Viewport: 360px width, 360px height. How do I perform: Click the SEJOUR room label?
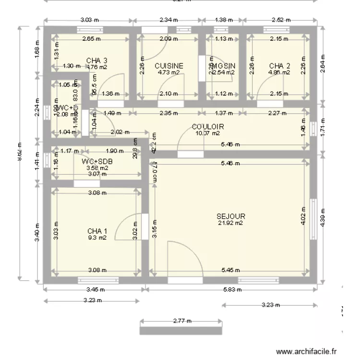231,216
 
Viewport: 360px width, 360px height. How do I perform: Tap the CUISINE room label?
168,66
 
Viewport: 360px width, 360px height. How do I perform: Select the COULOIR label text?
208,127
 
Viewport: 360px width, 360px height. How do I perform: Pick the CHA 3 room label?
96,60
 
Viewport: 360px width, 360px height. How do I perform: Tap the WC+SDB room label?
97,161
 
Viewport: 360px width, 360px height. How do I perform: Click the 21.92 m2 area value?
231,223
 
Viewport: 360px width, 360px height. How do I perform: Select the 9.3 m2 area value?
97,238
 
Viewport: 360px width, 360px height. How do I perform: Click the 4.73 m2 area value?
168,73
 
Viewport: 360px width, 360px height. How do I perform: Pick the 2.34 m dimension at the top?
168,20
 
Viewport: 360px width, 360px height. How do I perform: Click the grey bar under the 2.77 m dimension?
181,331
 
